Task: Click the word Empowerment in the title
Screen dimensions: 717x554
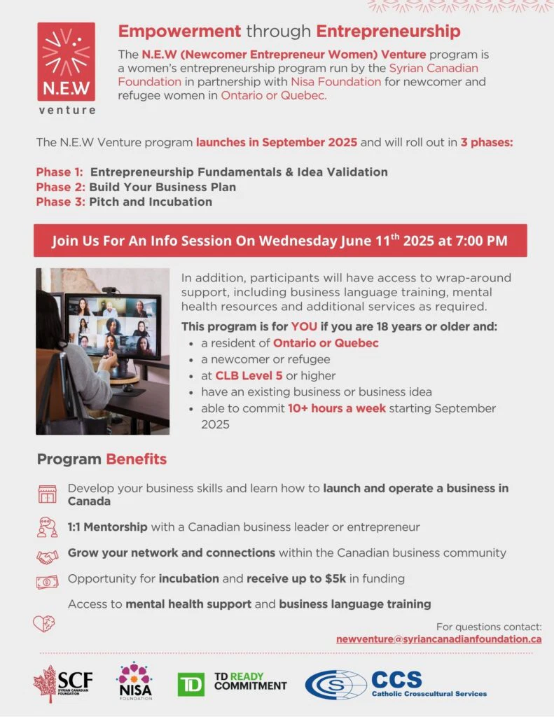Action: [x=179, y=32]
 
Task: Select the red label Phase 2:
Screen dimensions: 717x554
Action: [x=61, y=187]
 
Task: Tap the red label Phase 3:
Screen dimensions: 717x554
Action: [x=61, y=202]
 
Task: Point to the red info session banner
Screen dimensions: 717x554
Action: [x=280, y=241]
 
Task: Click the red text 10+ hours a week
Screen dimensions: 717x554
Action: [x=337, y=408]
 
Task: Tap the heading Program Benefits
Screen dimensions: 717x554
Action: [x=102, y=459]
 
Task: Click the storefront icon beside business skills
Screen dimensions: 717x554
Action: [x=47, y=494]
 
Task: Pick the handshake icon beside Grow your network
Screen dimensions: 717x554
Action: [x=47, y=557]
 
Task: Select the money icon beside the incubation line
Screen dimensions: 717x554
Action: [x=47, y=581]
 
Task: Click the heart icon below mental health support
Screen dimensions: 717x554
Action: [x=44, y=622]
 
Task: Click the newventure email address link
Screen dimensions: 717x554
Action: [x=438, y=639]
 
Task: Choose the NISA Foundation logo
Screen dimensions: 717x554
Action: [x=134, y=681]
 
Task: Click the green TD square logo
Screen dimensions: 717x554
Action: [x=191, y=684]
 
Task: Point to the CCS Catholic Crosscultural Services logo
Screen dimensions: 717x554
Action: [x=396, y=684]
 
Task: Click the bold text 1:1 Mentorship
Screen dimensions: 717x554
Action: [x=107, y=527]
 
